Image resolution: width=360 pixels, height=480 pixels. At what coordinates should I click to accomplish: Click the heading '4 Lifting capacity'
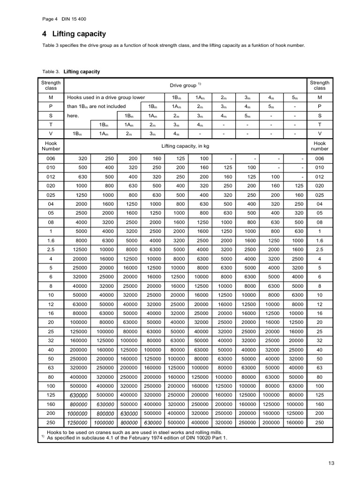(74, 34)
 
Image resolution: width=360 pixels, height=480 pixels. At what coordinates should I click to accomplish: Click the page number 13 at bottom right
(331, 464)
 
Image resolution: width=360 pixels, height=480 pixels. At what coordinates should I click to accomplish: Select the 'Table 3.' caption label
(51, 72)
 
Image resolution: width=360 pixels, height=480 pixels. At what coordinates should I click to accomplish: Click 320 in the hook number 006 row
(83, 159)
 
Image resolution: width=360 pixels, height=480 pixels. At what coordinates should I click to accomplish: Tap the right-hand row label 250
(320, 422)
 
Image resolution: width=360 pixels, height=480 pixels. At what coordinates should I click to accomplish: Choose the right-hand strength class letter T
(320, 125)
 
